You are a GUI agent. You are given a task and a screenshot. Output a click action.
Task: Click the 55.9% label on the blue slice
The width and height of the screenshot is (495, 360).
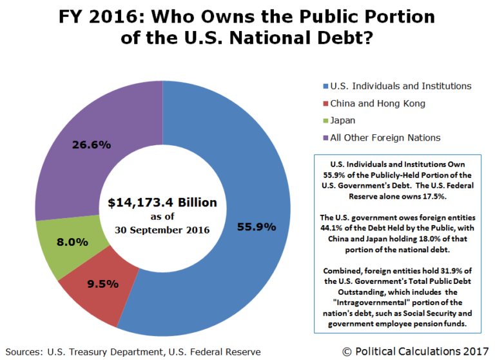pos(257,226)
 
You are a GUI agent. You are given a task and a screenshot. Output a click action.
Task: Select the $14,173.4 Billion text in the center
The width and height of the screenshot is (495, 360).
pos(162,203)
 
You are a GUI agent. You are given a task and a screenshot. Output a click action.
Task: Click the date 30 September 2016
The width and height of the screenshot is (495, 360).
pos(162,230)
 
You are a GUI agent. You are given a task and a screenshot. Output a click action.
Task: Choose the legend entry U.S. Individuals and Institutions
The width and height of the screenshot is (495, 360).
pos(400,86)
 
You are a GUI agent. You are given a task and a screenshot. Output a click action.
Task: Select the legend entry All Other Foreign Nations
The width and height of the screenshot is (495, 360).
pos(385,137)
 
